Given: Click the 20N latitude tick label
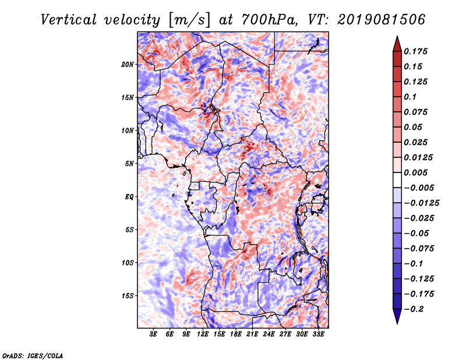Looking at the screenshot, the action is (127, 65).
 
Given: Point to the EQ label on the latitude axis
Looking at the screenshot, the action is (129, 197).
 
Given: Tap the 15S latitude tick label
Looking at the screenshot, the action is (127, 296).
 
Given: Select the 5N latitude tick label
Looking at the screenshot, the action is (129, 164).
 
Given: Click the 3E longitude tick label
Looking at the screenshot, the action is (153, 334).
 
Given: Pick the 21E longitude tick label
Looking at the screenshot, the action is (252, 334).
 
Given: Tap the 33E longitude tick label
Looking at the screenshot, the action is (318, 334).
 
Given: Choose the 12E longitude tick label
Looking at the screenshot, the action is (202, 334).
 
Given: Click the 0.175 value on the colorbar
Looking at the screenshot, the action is (415, 51).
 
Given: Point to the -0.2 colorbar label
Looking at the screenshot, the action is (414, 309).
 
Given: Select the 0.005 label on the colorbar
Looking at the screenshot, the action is (415, 172).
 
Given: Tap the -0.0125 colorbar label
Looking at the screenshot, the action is (421, 203).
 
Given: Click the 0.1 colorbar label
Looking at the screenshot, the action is (410, 97).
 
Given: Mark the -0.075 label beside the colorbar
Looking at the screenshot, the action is (419, 249).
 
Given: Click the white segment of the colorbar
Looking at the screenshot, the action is (397, 180).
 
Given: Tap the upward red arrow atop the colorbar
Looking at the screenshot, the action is (397, 44).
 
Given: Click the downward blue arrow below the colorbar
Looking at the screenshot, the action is (397, 316).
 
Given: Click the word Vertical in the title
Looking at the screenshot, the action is (69, 20).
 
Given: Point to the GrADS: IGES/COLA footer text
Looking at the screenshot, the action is (33, 356).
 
